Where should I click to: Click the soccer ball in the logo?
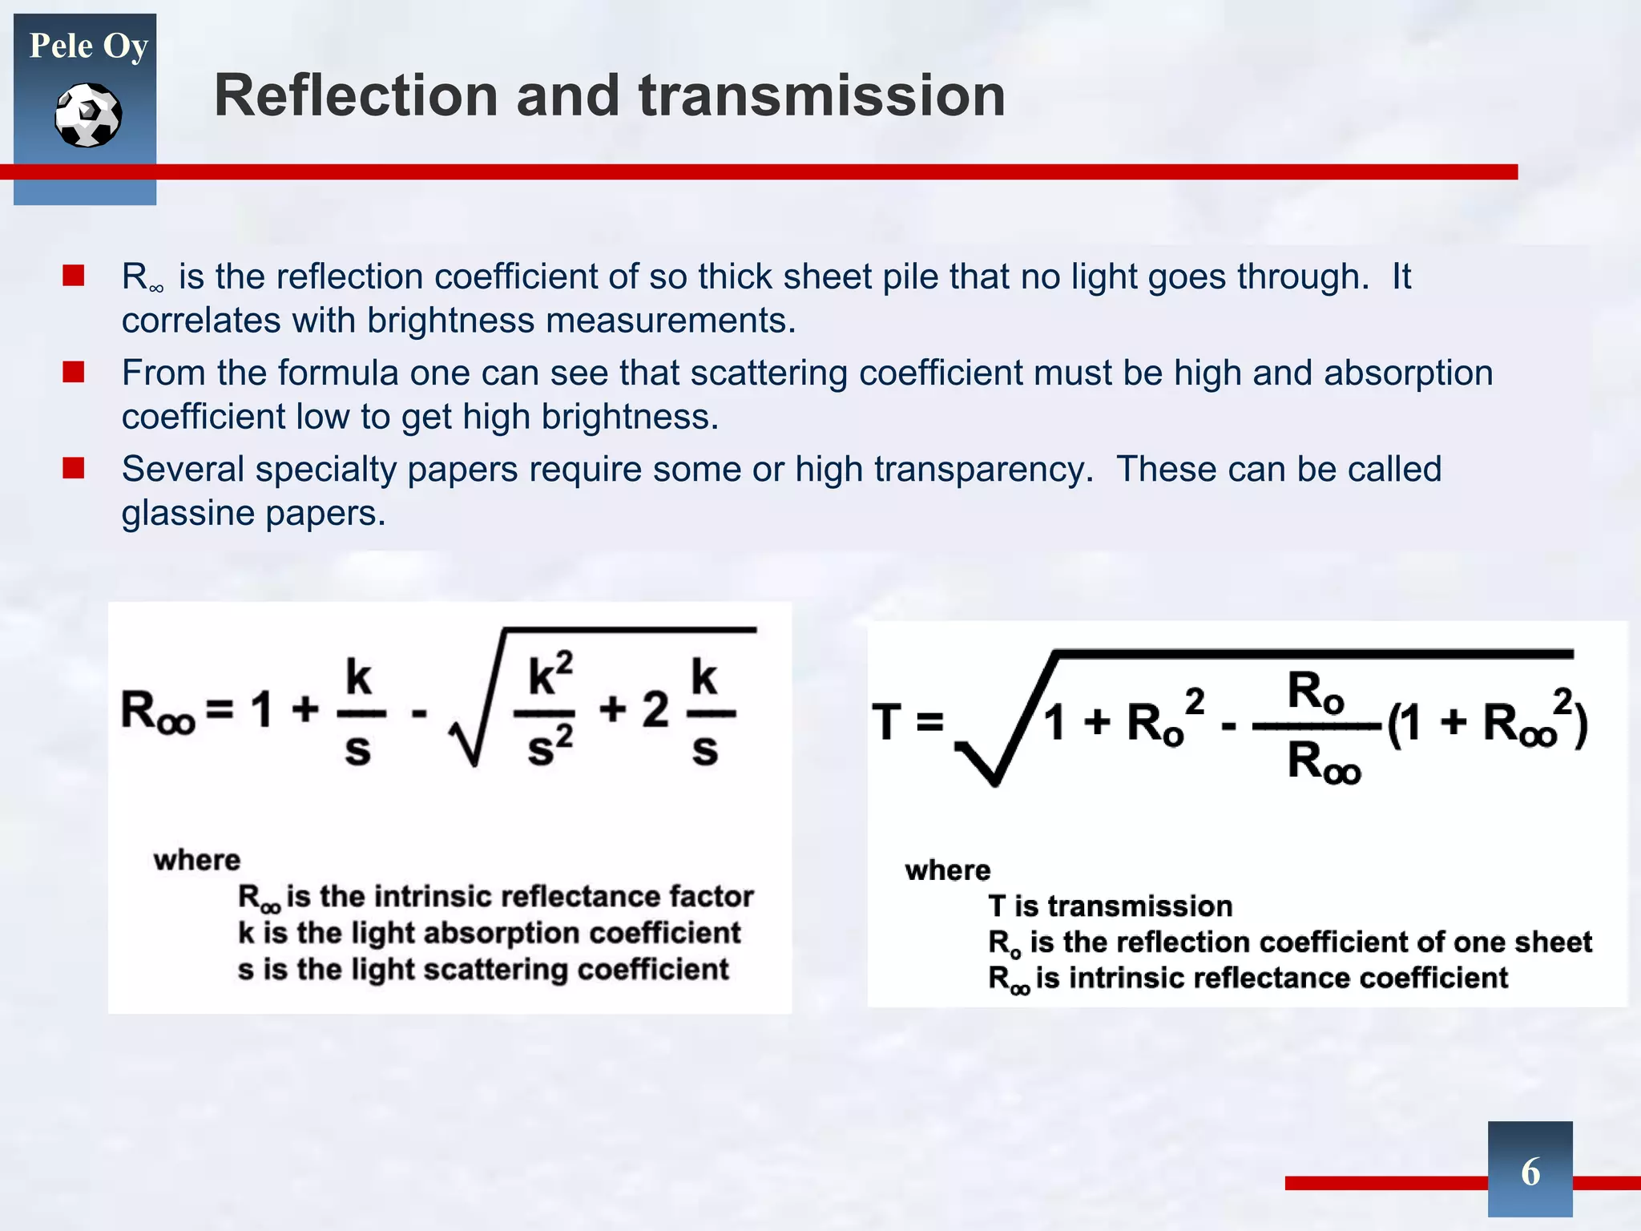tap(88, 115)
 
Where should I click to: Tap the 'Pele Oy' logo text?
tap(88, 46)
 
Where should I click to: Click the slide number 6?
tap(1530, 1171)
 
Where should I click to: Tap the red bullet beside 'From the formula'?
tap(74, 372)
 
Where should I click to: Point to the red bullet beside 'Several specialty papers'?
tap(74, 468)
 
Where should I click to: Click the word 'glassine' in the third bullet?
tap(187, 513)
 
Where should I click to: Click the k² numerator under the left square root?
tap(550, 676)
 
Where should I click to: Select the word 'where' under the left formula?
tap(197, 860)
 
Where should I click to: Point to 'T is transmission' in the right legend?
tap(1110, 906)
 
